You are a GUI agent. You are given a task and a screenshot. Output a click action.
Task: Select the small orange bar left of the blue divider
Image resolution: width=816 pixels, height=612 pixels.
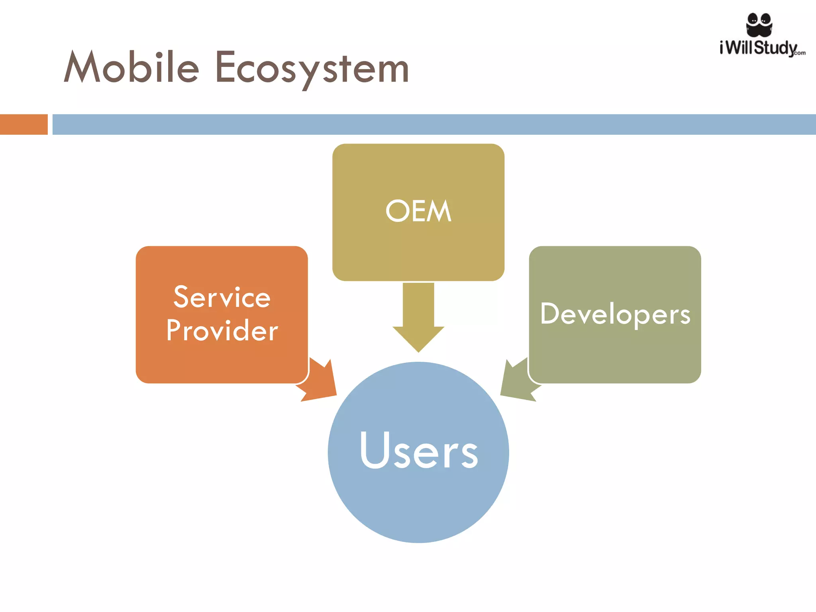click(24, 124)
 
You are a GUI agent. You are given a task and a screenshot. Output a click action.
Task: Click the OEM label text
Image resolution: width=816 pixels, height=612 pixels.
click(418, 211)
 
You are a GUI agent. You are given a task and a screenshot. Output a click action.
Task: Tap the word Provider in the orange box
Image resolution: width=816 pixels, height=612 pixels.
click(222, 330)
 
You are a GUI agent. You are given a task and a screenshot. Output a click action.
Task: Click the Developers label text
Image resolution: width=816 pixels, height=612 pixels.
click(615, 314)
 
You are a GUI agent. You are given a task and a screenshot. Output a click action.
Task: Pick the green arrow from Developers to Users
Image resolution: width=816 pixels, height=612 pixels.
click(518, 381)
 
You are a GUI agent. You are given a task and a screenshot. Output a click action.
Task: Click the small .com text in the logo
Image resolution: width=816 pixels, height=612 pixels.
click(800, 53)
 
